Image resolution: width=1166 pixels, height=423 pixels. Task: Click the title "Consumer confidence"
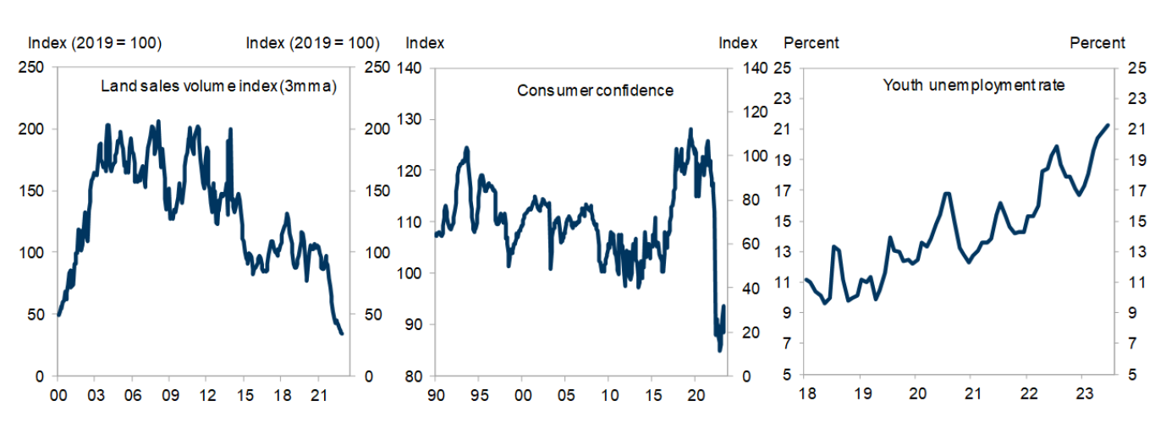595,90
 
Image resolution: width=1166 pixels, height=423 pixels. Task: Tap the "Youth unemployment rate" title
973,85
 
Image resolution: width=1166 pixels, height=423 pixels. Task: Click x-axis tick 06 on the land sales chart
132,396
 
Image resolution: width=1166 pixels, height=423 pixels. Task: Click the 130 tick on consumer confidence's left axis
416,119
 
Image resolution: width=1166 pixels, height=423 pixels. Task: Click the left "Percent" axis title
811,43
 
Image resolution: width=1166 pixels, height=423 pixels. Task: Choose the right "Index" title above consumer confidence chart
738,43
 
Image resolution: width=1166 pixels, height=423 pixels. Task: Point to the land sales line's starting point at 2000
58,315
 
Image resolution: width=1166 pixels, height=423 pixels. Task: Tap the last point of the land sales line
342,333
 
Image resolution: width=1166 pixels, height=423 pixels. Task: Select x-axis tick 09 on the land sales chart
169,396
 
